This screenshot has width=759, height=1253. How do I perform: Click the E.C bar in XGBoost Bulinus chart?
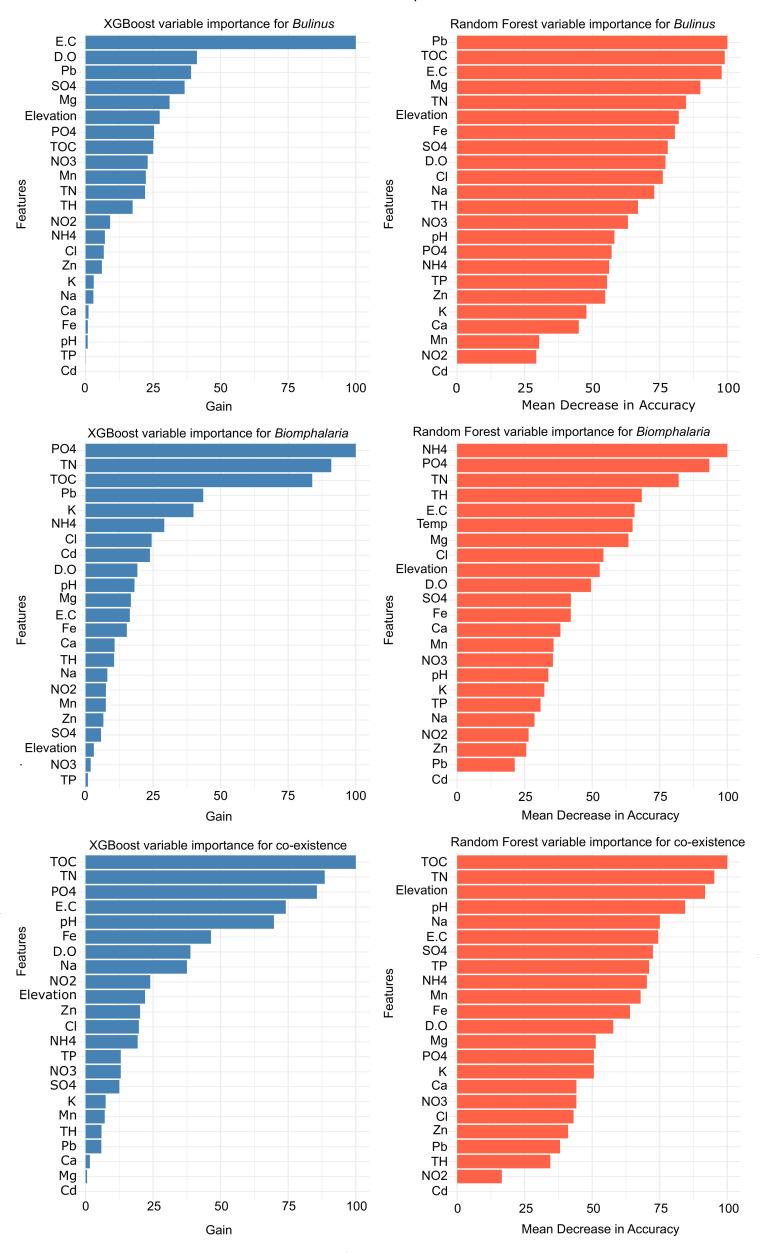coord(220,42)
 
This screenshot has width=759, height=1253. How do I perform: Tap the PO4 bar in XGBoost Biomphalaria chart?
coord(220,450)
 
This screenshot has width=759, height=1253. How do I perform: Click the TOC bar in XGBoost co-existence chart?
coord(220,862)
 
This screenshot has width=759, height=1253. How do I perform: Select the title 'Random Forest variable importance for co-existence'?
coord(585,841)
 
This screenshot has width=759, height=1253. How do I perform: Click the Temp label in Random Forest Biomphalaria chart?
coord(433,524)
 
